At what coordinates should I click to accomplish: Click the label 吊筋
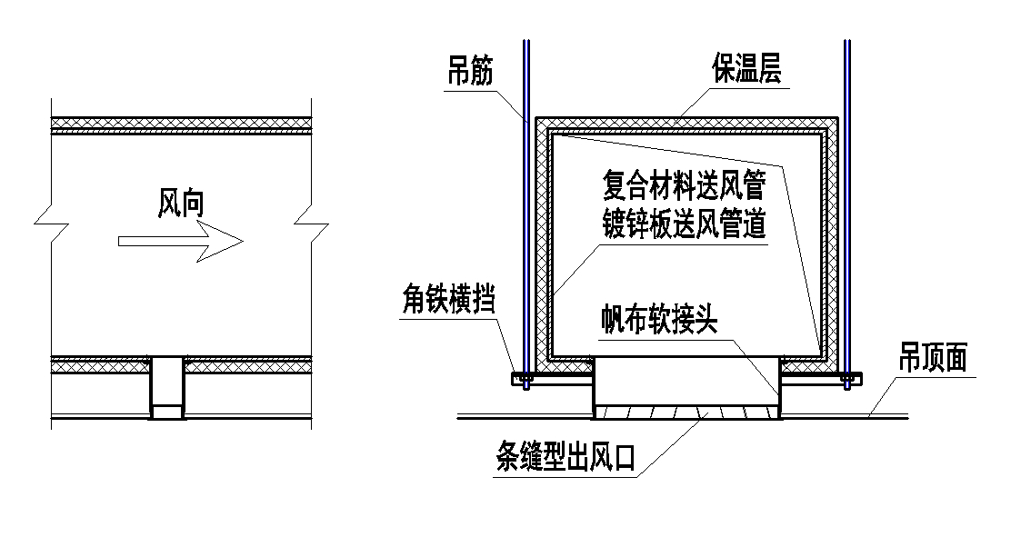pyautogui.click(x=470, y=71)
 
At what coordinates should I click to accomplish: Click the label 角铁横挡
pyautogui.click(x=447, y=299)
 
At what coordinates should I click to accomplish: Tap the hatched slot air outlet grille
pyautogui.click(x=686, y=413)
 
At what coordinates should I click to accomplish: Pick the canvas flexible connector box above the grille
pyautogui.click(x=686, y=382)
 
